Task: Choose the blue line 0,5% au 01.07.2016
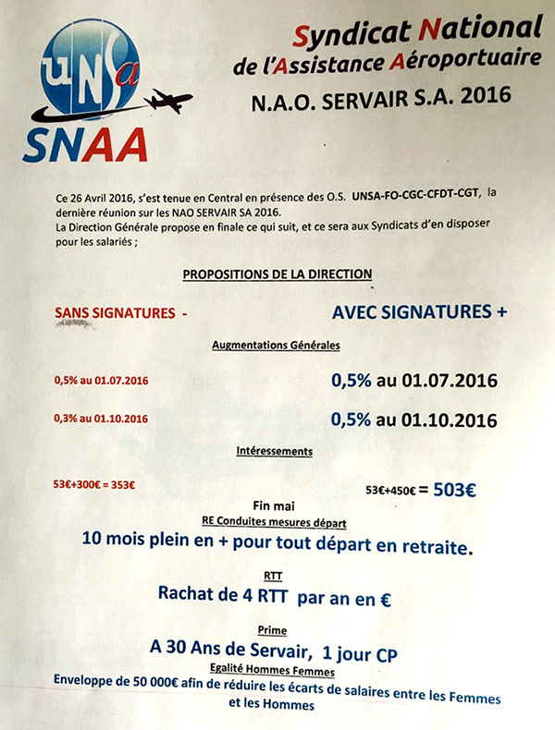(414, 381)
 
